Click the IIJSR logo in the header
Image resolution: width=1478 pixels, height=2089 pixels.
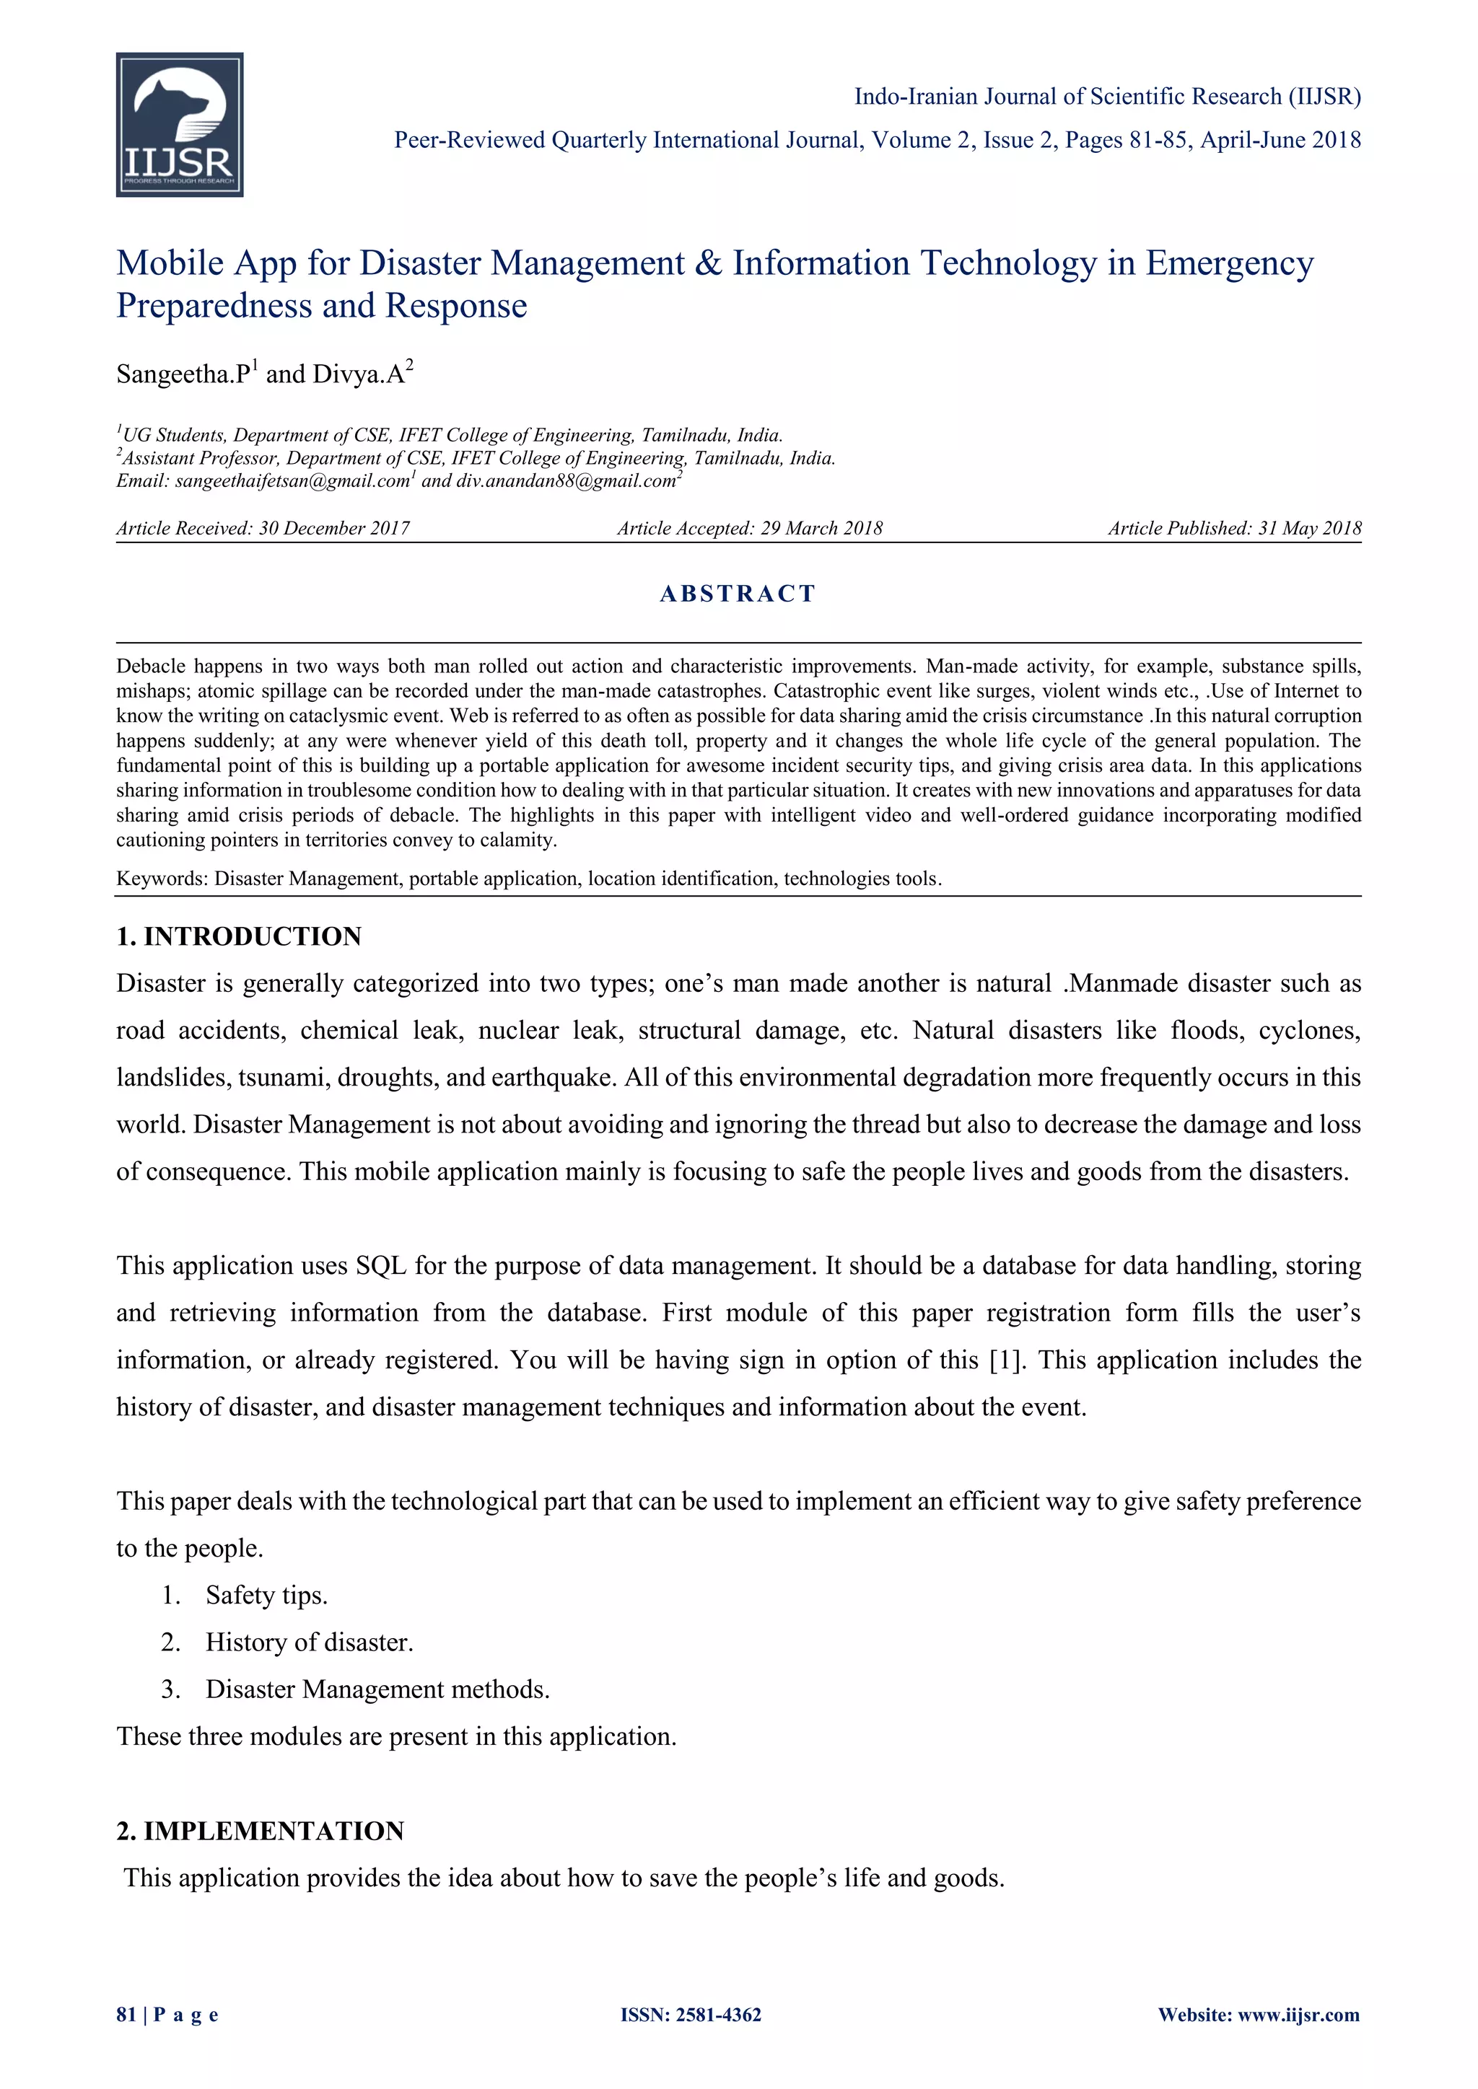click(x=179, y=125)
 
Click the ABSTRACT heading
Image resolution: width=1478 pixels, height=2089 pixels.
click(x=738, y=594)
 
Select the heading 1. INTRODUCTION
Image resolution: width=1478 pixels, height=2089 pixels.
click(x=238, y=936)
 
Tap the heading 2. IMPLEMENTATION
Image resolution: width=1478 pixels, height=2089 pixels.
click(x=261, y=1831)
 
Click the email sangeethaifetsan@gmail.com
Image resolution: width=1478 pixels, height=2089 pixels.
click(x=292, y=481)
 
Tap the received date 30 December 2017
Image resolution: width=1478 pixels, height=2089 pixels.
click(x=334, y=529)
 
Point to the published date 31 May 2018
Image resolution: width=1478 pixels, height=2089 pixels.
click(x=1310, y=529)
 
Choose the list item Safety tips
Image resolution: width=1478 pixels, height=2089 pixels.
click(x=266, y=1595)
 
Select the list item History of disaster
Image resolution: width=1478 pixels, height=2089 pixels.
click(x=310, y=1642)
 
